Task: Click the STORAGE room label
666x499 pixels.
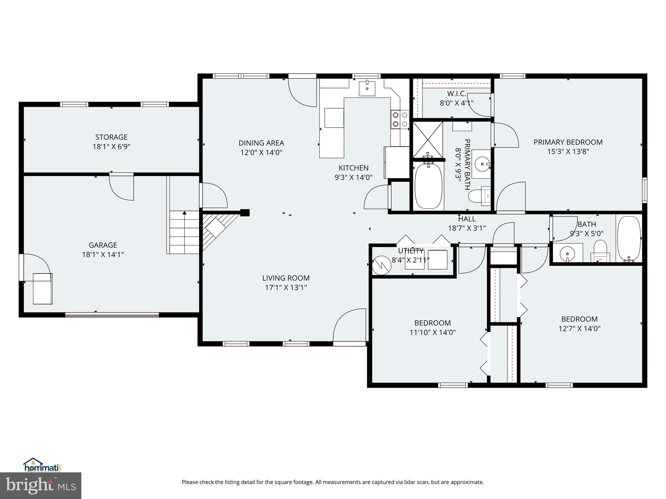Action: tap(111, 137)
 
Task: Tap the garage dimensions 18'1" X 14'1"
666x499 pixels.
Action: tap(103, 254)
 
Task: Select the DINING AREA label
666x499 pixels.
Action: tap(261, 143)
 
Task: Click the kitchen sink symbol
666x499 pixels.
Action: tap(367, 88)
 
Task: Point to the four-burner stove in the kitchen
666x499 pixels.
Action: tap(400, 119)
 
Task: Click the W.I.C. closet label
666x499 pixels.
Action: tap(457, 94)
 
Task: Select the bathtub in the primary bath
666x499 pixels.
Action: tap(428, 186)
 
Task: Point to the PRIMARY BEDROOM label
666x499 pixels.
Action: tap(568, 142)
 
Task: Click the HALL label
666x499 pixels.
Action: tap(467, 219)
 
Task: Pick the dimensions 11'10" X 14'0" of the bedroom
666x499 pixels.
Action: tap(432, 332)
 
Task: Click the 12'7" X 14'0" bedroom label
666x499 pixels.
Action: tap(579, 319)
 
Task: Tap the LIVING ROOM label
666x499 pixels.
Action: tap(286, 278)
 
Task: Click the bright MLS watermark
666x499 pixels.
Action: tap(41, 485)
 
